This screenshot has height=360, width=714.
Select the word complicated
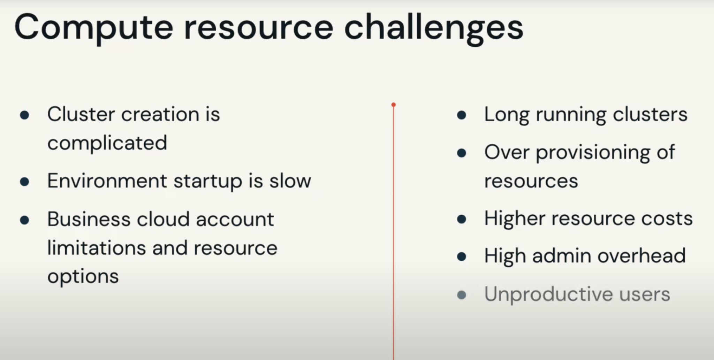click(x=107, y=143)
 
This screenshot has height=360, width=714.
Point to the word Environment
click(x=107, y=181)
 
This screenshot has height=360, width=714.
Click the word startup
click(x=208, y=182)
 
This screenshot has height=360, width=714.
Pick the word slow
click(x=290, y=181)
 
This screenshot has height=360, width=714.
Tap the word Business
click(x=89, y=219)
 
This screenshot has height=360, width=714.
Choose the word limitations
click(x=97, y=248)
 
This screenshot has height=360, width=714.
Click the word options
click(x=83, y=277)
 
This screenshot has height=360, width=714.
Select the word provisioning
click(x=593, y=153)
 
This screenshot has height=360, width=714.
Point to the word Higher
click(x=515, y=219)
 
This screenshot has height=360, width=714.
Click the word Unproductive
click(x=548, y=294)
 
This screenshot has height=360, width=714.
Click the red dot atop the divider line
click(x=394, y=105)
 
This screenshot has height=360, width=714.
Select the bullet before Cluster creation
click(x=24, y=115)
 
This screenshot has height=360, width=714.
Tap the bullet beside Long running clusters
click(x=462, y=115)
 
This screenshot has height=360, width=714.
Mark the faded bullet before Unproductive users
click(x=462, y=295)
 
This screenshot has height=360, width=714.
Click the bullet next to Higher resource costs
click(x=462, y=219)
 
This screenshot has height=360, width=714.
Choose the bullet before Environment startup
click(x=24, y=182)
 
